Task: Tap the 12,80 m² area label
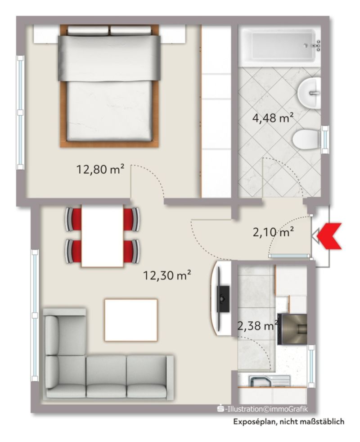(100, 170)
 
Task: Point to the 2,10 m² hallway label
(274, 233)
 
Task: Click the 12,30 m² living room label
(167, 275)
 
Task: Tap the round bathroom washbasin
(310, 92)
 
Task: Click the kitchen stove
(292, 329)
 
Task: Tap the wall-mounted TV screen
(223, 299)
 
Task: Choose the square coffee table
(131, 320)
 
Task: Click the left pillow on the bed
(88, 30)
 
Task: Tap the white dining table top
(102, 236)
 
